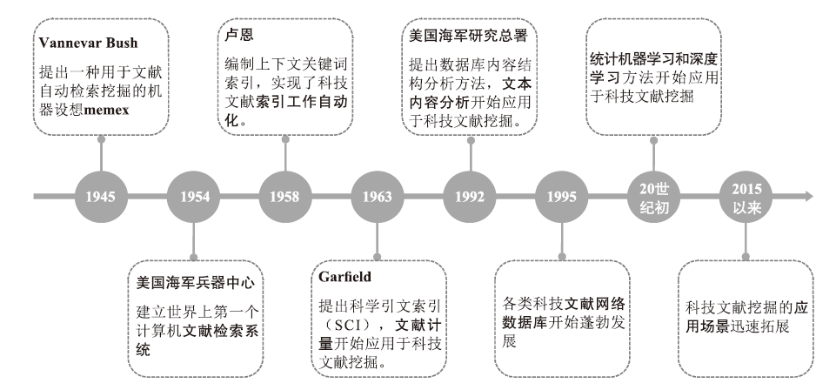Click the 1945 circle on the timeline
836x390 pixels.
coord(101,197)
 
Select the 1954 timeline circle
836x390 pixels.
coord(194,197)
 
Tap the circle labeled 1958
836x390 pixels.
coord(285,197)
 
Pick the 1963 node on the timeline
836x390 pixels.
coord(378,197)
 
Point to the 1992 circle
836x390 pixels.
coord(470,197)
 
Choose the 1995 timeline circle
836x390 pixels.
coord(561,197)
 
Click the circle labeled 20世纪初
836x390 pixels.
coord(653,197)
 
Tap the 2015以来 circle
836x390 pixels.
coord(746,197)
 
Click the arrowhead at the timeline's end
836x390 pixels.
coord(808,197)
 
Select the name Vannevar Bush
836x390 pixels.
coord(88,43)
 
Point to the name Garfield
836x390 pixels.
coord(345,276)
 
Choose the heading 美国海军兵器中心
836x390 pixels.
coord(196,283)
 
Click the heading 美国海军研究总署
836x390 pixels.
coord(468,35)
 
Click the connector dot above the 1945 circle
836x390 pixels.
coord(101,139)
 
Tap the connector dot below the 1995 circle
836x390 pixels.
coord(561,257)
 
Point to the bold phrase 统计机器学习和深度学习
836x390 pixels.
coord(653,68)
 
